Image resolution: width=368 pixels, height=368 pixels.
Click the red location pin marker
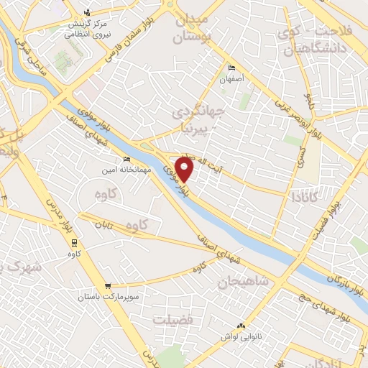point(185,170)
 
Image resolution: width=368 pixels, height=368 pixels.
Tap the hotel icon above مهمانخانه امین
point(126,159)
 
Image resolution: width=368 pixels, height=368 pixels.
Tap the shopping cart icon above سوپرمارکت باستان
point(107,285)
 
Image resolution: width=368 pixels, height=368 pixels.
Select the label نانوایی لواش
point(240,335)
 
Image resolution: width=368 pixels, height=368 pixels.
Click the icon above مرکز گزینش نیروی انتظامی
point(88,11)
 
